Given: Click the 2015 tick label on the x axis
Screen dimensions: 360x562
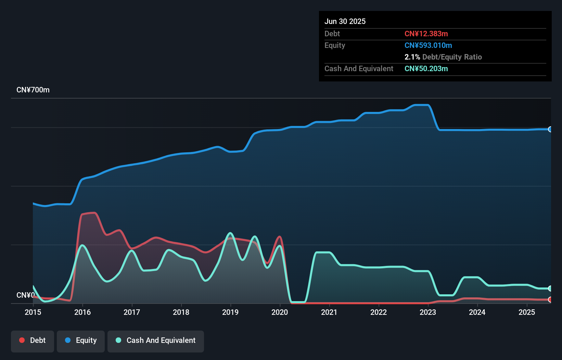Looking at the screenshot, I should [33, 312].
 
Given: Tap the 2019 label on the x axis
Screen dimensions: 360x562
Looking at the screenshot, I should [230, 312].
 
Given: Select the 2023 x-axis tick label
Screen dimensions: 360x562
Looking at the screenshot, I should [428, 312].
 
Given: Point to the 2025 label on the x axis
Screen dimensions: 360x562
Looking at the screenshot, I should [527, 312].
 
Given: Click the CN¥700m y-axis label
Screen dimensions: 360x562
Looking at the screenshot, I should [33, 90].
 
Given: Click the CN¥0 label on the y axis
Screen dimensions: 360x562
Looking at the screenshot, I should [25, 295].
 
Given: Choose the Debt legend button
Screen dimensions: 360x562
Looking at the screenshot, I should [33, 340].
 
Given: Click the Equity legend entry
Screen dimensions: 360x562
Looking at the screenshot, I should [81, 340].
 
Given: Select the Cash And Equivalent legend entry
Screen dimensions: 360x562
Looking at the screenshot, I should [156, 340].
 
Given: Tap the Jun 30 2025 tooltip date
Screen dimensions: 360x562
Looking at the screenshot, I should [345, 21].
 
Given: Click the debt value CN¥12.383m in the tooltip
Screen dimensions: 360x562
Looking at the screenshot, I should [426, 34].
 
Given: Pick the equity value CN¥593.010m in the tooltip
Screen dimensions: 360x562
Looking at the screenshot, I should [428, 45].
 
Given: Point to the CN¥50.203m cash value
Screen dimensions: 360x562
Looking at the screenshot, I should [426, 68].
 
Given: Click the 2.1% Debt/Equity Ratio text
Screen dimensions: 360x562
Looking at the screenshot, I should [443, 57].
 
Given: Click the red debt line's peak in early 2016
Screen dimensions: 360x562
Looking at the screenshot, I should [92, 213].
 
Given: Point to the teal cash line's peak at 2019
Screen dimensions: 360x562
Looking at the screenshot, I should [230, 233].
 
